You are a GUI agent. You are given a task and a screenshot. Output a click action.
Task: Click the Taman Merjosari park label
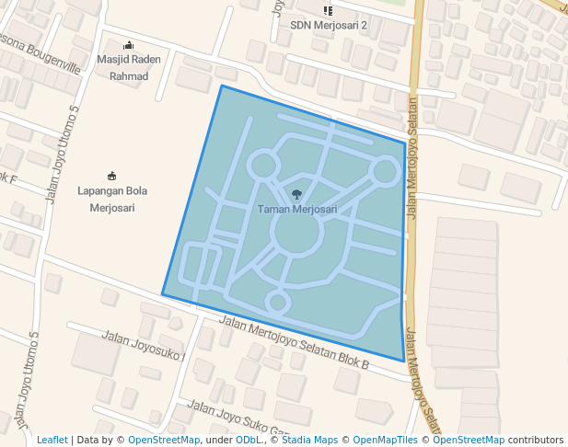[x=296, y=210]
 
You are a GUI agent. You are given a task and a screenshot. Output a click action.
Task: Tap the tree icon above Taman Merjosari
[x=296, y=194]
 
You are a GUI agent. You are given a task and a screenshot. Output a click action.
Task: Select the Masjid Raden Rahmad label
[x=128, y=68]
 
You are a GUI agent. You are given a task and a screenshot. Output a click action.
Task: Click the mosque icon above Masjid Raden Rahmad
[x=128, y=46]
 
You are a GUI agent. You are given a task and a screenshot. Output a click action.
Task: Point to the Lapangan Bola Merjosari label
[x=112, y=199]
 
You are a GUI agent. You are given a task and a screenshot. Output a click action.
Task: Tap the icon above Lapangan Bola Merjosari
[x=112, y=176]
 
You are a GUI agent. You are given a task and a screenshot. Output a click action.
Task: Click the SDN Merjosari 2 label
[x=329, y=26]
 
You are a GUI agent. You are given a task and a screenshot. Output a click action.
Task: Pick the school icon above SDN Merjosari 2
[x=328, y=10]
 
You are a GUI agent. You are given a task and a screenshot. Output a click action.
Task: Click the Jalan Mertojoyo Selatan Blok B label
[x=295, y=343]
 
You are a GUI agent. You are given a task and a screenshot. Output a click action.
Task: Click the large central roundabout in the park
[x=296, y=234]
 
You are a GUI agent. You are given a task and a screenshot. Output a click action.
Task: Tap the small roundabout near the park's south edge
[x=277, y=301]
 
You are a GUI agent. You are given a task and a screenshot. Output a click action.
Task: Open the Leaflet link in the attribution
[x=52, y=441]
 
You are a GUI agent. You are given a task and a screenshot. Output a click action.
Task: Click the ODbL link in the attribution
[x=247, y=441]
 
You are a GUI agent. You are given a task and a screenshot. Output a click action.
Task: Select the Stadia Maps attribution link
[x=307, y=441]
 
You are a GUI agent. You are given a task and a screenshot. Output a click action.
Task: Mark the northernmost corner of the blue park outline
[x=221, y=86]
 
